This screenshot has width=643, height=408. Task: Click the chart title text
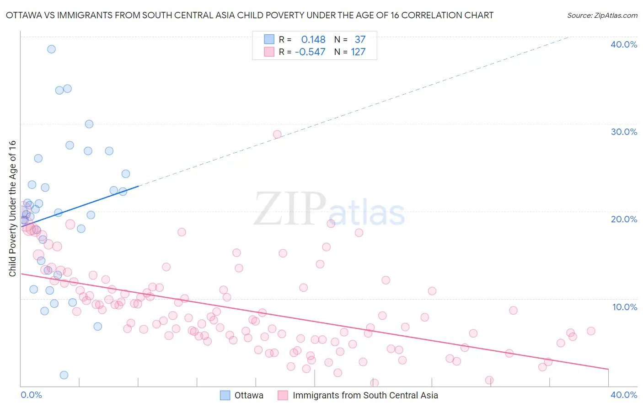250,15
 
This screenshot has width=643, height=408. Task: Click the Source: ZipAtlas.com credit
602,15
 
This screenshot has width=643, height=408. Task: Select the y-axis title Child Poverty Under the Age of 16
12,208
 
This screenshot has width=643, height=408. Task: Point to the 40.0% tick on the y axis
624,44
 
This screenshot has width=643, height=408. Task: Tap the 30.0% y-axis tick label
624,132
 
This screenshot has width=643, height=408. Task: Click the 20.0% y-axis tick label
624,219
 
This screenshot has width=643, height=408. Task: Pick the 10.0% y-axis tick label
624,307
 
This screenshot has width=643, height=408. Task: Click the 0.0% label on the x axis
31,395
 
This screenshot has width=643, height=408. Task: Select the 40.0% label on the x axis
624,395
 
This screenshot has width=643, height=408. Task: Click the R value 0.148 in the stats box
313,40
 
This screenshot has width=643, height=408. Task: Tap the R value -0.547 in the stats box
310,52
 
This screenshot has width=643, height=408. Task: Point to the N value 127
358,52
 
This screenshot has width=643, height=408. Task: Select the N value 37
360,40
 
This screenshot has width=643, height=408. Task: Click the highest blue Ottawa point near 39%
51,49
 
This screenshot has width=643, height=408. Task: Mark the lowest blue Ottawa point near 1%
64,375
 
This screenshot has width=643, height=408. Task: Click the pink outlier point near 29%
277,134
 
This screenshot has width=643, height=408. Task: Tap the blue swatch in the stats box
269,39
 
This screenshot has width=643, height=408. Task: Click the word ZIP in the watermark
290,209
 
